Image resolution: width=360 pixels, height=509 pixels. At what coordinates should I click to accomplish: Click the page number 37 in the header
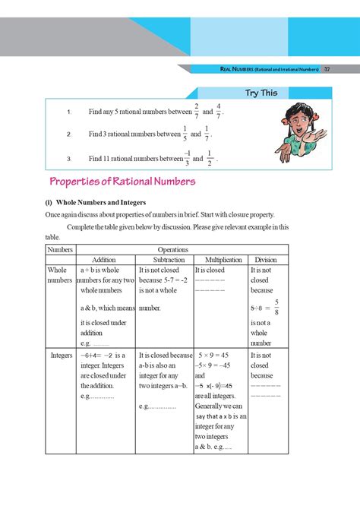pos(326,70)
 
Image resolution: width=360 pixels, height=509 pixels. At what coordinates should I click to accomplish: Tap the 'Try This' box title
pos(261,93)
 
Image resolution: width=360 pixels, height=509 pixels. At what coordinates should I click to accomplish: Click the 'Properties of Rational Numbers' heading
pos(122,182)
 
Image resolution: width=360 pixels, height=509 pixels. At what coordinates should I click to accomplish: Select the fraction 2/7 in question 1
pos(196,111)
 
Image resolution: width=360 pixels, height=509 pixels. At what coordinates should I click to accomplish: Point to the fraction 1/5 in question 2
pos(185,134)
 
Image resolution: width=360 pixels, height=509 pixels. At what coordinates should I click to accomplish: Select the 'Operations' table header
pos(172,249)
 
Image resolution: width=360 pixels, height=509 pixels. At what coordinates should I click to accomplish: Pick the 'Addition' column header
pos(103,260)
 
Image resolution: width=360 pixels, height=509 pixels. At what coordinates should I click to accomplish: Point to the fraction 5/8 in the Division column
pos(277,307)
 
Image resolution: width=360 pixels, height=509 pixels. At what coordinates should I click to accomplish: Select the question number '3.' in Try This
pos(68,160)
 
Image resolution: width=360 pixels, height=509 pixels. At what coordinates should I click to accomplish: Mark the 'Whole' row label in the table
pos(57,270)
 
